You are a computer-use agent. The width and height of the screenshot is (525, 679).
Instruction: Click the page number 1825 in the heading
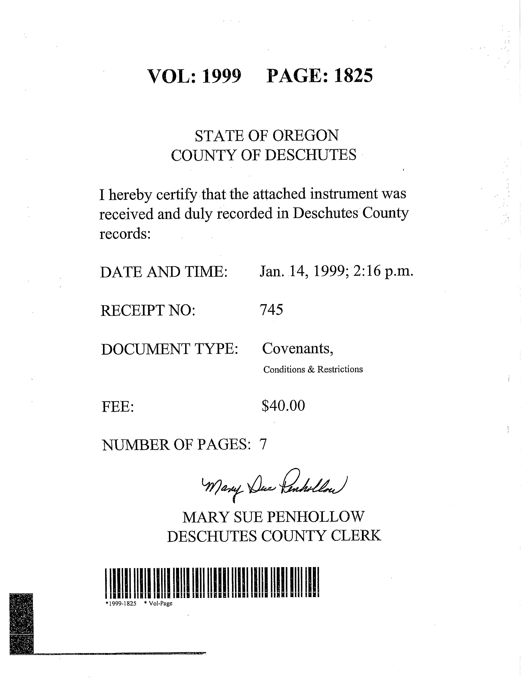(x=353, y=76)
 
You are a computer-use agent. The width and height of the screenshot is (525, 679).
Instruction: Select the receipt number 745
(x=271, y=310)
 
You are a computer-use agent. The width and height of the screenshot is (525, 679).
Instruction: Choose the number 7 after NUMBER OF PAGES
(x=263, y=445)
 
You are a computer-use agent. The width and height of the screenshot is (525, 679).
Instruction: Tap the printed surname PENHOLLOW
(x=315, y=517)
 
